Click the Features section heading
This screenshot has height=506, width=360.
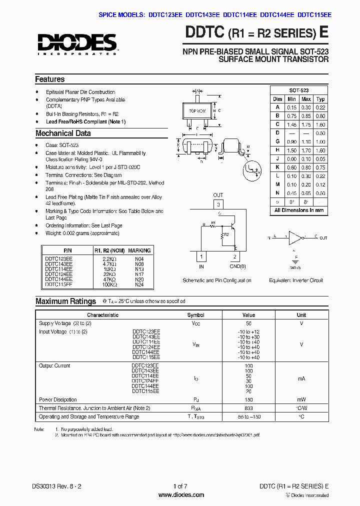49,79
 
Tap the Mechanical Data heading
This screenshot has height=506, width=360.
63,133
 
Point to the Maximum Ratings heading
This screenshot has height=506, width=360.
65,301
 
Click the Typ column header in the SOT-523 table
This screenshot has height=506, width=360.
320,99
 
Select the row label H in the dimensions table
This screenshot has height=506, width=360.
277,150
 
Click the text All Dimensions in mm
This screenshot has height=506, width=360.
298,210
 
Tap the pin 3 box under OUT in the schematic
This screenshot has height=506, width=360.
218,204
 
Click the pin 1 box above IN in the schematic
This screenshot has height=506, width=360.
201,257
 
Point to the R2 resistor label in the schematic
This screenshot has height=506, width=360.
226,234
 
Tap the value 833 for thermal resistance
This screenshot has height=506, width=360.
248,408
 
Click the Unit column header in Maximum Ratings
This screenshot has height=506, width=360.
301,315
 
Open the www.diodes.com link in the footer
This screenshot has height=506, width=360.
180,495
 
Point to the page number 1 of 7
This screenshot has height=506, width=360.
180,486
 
